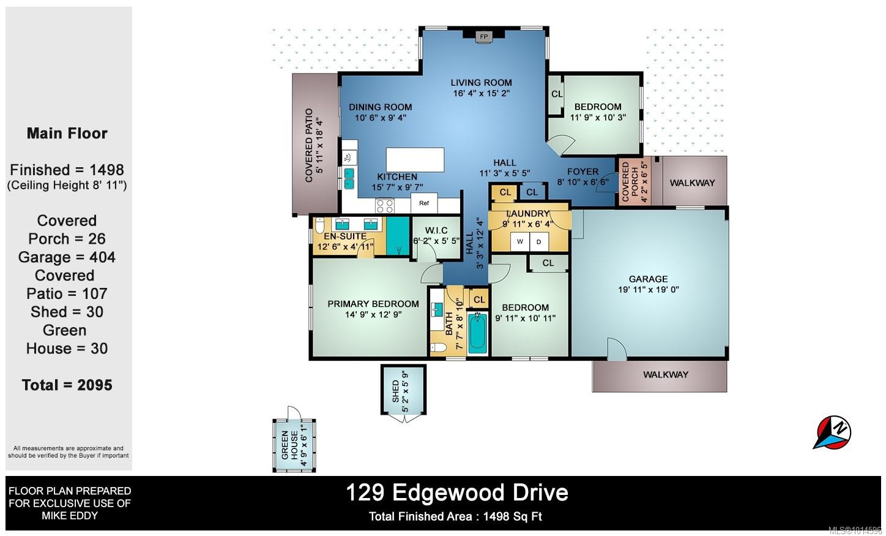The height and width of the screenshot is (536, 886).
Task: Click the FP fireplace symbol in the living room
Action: (484, 37)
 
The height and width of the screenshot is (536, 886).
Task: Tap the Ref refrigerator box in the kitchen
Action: (424, 203)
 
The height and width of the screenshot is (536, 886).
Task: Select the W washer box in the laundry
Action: (520, 241)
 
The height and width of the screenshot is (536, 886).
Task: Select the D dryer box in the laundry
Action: (539, 241)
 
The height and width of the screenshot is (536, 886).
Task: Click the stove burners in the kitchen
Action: (384, 206)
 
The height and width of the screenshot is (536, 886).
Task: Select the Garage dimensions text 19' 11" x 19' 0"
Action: (648, 290)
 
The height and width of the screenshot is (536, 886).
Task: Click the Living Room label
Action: (481, 83)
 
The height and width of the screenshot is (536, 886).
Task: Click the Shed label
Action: (395, 391)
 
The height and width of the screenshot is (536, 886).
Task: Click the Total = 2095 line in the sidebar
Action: (67, 385)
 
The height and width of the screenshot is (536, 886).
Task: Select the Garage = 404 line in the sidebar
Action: (67, 257)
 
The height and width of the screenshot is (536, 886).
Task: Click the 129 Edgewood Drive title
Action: (456, 493)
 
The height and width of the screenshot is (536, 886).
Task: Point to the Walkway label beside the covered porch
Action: (691, 183)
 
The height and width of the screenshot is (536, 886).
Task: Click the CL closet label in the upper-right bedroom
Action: (557, 94)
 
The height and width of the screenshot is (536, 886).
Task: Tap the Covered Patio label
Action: (309, 145)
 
